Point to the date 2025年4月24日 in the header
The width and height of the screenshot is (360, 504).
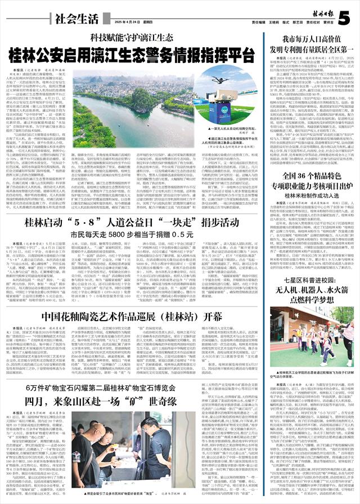124,22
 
